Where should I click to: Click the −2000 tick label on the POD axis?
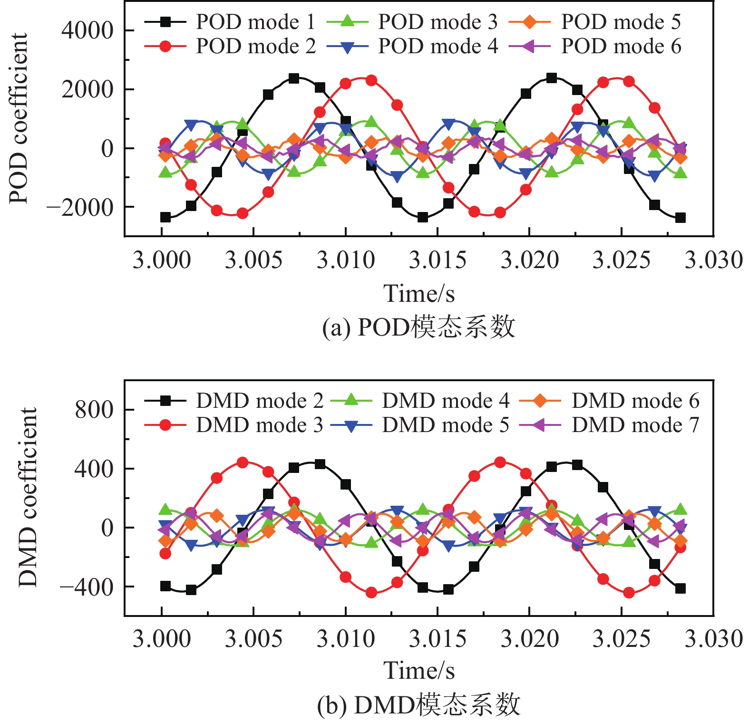[x=80, y=207]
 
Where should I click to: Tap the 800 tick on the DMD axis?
[x=94, y=409]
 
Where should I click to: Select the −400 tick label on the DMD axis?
[x=87, y=587]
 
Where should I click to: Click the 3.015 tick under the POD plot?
[x=438, y=260]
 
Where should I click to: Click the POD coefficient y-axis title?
[x=19, y=118]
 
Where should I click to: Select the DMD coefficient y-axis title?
[x=28, y=497]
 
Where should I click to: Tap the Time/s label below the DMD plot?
[x=419, y=671]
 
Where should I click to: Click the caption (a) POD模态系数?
[x=418, y=327]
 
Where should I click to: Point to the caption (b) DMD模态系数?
[x=418, y=705]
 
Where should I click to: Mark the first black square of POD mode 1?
[x=165, y=217]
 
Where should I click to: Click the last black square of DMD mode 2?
[x=680, y=588]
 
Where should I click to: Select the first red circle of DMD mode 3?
[x=165, y=553]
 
